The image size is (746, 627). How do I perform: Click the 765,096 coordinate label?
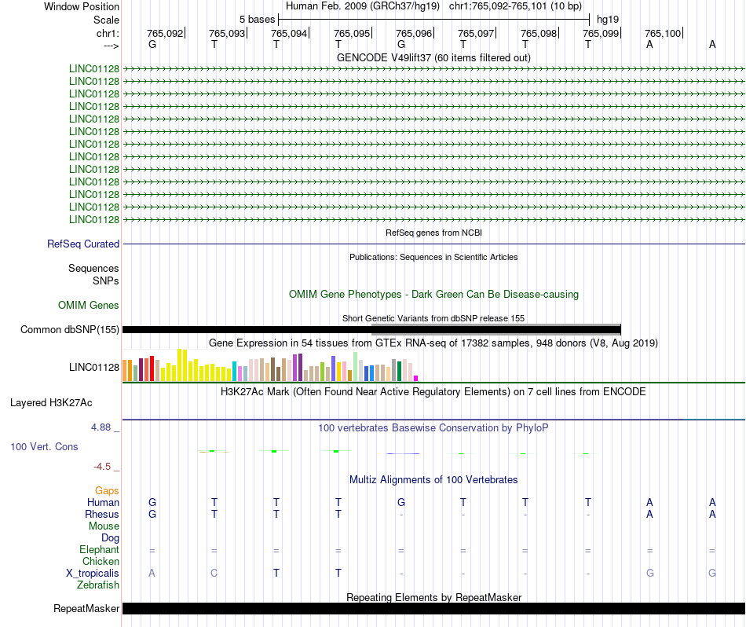click(x=414, y=33)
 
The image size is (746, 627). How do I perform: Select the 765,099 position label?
click(x=601, y=33)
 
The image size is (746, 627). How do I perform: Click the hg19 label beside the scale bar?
click(x=608, y=20)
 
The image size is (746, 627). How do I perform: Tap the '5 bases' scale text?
click(x=257, y=20)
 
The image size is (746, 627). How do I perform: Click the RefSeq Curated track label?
click(x=83, y=244)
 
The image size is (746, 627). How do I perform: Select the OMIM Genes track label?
click(x=89, y=305)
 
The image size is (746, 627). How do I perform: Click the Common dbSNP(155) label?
click(x=70, y=329)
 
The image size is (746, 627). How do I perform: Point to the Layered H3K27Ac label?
click(x=51, y=403)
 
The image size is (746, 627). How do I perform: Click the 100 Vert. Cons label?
click(x=44, y=446)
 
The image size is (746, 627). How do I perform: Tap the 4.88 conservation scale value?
click(x=101, y=427)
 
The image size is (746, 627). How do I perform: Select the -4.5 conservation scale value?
click(x=102, y=467)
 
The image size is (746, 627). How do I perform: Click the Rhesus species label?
click(x=102, y=514)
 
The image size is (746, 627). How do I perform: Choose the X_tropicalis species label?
click(x=93, y=574)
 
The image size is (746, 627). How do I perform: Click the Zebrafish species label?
click(x=98, y=585)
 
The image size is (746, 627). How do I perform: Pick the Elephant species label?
click(x=99, y=549)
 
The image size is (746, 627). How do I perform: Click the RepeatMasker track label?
click(x=86, y=608)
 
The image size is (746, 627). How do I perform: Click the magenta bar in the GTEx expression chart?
click(x=416, y=378)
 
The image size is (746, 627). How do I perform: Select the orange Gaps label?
click(x=107, y=490)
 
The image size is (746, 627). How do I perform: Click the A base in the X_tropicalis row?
click(x=152, y=574)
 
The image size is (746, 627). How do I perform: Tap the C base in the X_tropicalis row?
click(x=214, y=574)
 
